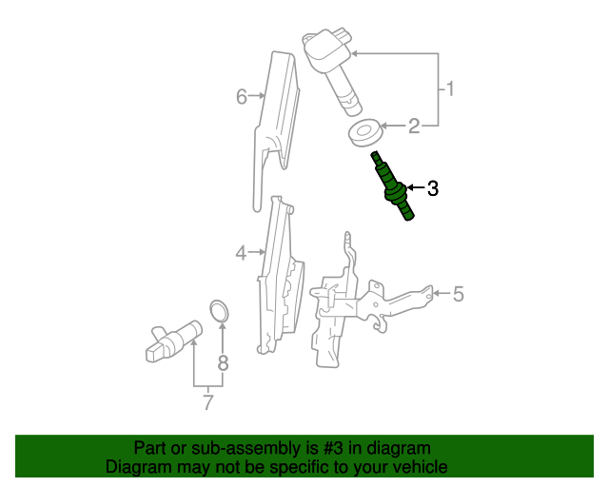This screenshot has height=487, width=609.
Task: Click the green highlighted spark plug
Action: [x=393, y=185]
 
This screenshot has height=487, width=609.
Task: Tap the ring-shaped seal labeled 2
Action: [x=364, y=131]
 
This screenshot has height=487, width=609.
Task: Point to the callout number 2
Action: [x=413, y=126]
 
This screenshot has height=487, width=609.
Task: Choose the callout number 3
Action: [x=432, y=188]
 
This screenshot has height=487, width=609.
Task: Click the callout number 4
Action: [x=242, y=252]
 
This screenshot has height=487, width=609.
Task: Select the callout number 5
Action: [x=458, y=294]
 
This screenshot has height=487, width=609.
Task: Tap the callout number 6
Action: [x=242, y=96]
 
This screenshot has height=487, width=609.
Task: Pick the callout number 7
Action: [x=207, y=402]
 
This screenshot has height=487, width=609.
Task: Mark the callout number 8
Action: [x=223, y=361]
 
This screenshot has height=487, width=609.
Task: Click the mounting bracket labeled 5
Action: [x=362, y=304]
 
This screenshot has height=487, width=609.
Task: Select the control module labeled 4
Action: [x=280, y=276]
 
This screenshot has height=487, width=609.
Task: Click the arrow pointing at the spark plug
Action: [x=414, y=188]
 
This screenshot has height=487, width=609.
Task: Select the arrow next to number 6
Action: [x=259, y=96]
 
